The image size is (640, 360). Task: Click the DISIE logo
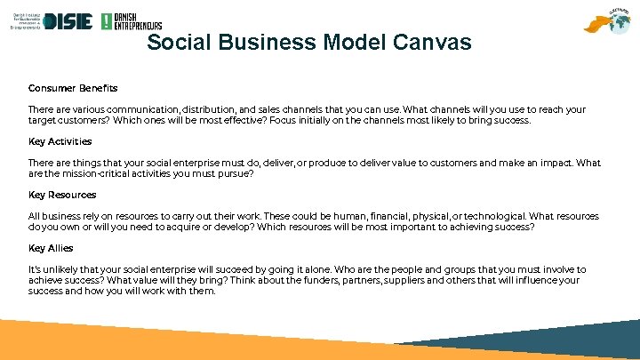tap(68, 21)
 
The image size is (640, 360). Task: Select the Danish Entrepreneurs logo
tap(131, 21)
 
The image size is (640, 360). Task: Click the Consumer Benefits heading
tap(73, 88)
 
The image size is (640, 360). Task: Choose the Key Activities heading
tap(60, 141)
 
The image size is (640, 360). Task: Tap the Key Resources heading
tap(62, 195)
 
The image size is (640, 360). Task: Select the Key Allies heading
tap(51, 248)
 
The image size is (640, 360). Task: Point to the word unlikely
tap(59, 269)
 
